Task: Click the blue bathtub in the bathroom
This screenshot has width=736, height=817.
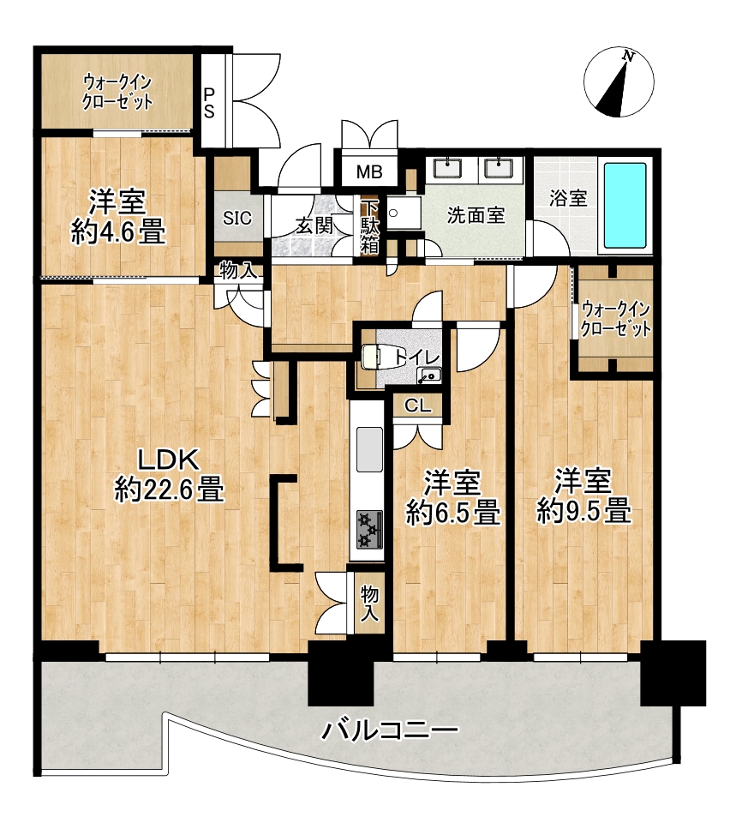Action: (625, 207)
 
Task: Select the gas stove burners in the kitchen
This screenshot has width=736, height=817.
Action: (368, 529)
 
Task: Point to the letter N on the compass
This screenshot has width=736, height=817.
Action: (629, 57)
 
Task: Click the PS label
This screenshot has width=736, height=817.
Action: (209, 103)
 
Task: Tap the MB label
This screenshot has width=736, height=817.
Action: (369, 171)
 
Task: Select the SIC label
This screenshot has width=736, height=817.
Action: (237, 217)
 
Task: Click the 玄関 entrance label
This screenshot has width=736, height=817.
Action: (314, 225)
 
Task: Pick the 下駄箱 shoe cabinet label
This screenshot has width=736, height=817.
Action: (369, 227)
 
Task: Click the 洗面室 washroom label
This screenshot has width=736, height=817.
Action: (476, 215)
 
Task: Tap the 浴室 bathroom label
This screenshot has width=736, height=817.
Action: (568, 198)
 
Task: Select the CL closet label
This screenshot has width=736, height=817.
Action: (419, 405)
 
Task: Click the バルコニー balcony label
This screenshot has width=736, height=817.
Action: (389, 730)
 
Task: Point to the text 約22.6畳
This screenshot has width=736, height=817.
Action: (170, 490)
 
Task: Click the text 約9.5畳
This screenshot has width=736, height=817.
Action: (583, 511)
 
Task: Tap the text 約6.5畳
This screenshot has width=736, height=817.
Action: (453, 513)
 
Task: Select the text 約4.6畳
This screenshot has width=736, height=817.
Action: (118, 231)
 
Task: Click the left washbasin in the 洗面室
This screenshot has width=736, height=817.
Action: (447, 168)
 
